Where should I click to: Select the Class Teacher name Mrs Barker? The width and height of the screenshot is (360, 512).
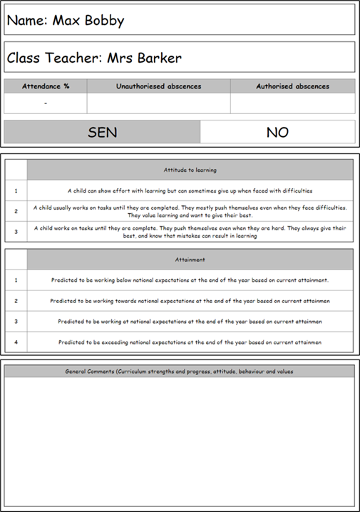(144, 58)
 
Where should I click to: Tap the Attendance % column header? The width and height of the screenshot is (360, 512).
(46, 86)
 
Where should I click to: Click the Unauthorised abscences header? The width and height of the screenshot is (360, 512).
(158, 86)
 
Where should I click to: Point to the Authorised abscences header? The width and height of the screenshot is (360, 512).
(292, 86)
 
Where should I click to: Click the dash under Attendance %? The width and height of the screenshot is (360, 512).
(46, 103)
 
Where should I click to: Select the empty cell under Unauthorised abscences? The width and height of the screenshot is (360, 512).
(158, 103)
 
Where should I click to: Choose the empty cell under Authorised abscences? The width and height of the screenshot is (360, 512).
(292, 103)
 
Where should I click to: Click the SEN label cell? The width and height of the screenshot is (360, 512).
(102, 132)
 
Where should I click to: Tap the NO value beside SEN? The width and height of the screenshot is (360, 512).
(277, 132)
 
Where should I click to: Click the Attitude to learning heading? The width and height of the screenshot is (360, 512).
(190, 170)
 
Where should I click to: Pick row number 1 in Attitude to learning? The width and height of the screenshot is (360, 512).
(16, 190)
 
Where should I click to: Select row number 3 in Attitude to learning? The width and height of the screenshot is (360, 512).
(16, 232)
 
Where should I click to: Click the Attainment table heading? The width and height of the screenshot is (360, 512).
(190, 260)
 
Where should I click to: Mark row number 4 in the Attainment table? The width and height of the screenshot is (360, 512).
(16, 342)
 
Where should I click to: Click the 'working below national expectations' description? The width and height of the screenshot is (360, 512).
(190, 280)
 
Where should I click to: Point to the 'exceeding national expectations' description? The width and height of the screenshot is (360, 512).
(190, 342)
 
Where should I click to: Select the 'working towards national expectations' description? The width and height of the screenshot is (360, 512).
(190, 301)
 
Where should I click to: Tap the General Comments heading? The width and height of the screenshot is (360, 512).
(179, 372)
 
